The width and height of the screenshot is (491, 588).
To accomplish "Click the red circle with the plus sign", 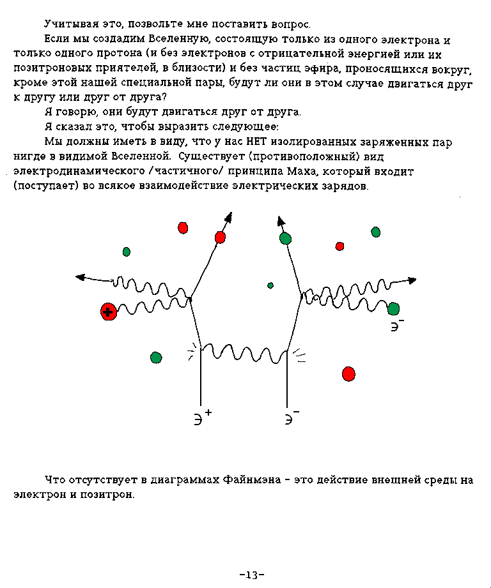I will click(x=109, y=312).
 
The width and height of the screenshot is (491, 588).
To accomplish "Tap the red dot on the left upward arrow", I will click(x=221, y=237).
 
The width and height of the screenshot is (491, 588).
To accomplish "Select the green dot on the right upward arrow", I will click(x=285, y=239).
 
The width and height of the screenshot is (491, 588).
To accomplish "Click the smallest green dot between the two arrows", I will click(x=270, y=285).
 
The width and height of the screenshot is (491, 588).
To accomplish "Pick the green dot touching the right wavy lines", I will click(x=393, y=309).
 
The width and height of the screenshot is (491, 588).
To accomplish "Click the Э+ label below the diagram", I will click(x=202, y=418).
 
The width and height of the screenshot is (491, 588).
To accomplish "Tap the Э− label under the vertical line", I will click(x=292, y=418).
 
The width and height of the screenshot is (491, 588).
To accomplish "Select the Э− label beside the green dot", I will click(x=398, y=325).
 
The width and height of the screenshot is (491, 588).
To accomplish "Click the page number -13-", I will click(x=251, y=575).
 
